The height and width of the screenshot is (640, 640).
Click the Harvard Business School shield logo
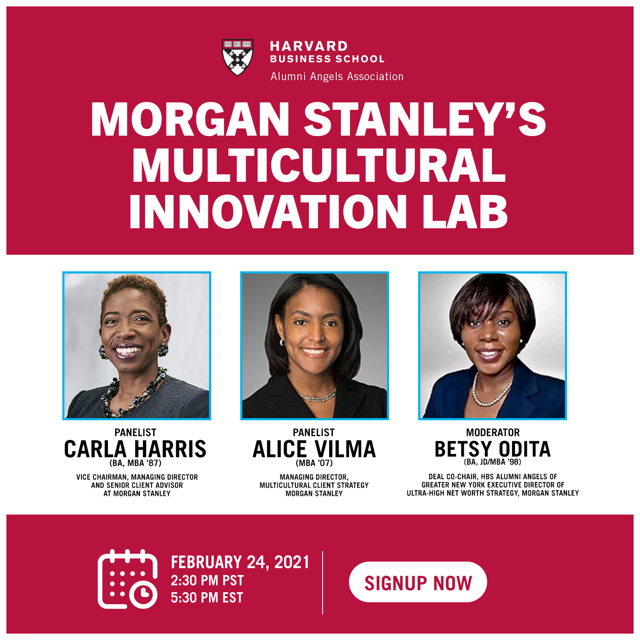coord(238,57)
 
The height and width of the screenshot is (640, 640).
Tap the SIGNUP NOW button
coord(418,582)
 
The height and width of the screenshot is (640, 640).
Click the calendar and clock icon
coord(128,579)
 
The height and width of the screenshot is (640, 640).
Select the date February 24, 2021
coord(240,562)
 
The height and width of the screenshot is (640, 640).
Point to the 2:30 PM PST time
coord(207,580)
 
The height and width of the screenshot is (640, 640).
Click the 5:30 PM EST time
coord(207,598)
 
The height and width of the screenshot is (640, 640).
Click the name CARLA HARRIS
coord(135,449)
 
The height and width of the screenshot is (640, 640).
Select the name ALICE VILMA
coord(314,449)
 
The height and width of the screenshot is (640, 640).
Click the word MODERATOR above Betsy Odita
coord(493,432)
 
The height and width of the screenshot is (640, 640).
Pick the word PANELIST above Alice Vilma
coord(314,432)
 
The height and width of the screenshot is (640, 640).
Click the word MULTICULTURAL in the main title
coord(319,165)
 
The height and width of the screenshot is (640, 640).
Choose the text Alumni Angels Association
coord(337,76)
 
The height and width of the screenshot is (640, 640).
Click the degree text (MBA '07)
coord(314,463)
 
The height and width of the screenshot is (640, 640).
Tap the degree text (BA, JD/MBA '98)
coord(492,462)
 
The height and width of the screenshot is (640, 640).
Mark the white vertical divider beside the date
coord(323,582)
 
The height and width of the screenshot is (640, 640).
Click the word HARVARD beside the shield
coord(309,46)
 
